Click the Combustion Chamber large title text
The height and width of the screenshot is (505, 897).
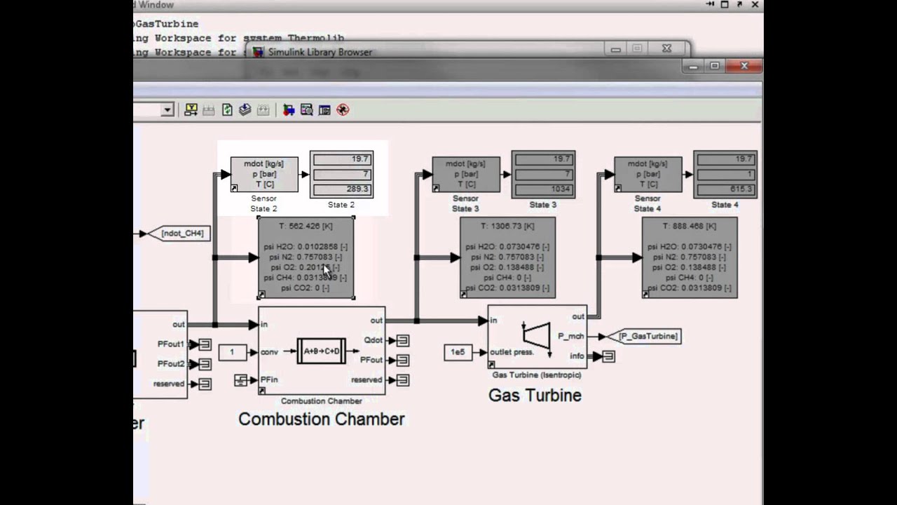321,419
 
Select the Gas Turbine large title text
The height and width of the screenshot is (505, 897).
535,395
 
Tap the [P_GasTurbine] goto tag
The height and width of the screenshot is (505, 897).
648,337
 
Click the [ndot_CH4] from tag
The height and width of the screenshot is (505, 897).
182,234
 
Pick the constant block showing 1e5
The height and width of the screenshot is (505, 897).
458,352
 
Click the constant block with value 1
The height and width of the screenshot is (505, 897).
232,352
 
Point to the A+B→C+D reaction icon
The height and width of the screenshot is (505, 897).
322,351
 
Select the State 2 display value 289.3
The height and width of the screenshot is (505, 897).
341,189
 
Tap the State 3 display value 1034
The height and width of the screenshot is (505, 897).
543,189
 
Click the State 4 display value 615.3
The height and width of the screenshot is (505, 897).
725,189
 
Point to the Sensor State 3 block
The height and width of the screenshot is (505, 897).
466,174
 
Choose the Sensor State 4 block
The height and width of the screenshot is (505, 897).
648,174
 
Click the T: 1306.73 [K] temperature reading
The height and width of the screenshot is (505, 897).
507,227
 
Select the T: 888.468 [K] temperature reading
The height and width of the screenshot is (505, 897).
690,227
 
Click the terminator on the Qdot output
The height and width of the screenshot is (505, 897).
403,341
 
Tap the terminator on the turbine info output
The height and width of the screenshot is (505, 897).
608,356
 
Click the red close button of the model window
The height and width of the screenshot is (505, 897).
744,66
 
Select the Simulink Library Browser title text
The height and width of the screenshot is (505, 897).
320,52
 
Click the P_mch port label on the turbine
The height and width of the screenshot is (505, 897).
571,337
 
